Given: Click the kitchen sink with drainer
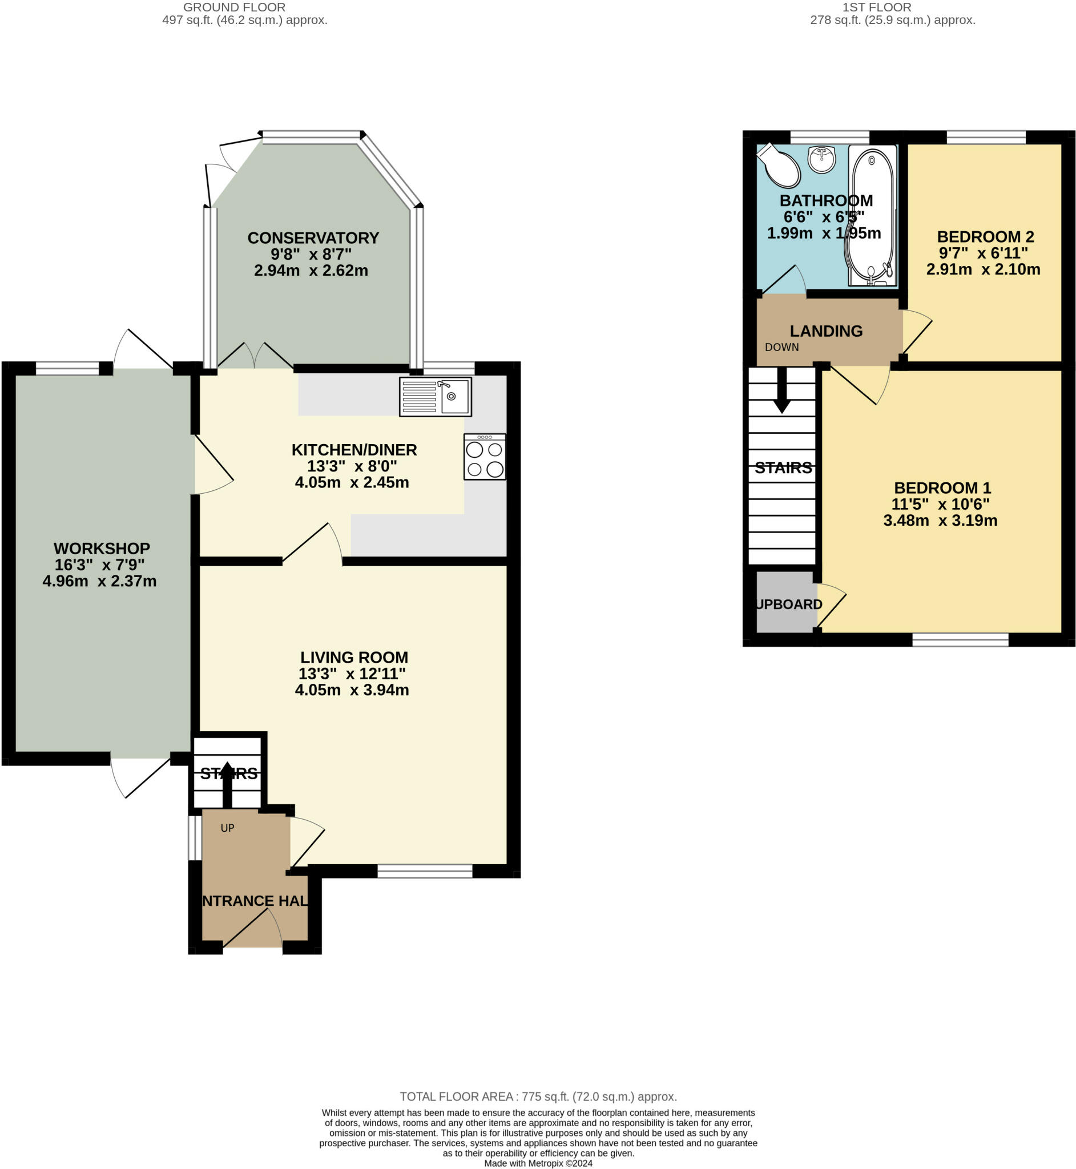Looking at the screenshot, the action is [436, 397].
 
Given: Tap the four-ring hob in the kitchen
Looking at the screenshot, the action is [485, 457].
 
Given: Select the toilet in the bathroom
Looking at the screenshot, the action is [779, 166].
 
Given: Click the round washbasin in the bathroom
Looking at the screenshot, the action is [821, 159].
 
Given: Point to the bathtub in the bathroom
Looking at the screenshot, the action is [872, 215].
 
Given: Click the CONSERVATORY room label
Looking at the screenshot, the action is [313, 238].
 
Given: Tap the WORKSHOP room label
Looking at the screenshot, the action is [102, 549].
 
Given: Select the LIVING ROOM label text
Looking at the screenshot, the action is [354, 657].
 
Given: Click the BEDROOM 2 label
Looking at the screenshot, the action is [985, 237].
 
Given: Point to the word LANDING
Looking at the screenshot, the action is [826, 331].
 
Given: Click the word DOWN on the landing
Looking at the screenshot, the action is [781, 348].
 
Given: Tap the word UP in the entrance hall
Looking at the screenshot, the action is [227, 828].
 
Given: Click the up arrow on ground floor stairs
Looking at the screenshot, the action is [227, 785].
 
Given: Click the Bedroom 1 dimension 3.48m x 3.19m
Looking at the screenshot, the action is [940, 521].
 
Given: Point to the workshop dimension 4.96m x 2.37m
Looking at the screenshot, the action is [99, 581].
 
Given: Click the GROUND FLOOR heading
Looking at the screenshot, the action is [234, 7].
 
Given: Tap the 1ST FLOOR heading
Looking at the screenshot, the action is [877, 7].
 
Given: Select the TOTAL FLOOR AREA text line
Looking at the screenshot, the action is [538, 1097].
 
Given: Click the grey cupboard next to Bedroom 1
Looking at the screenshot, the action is [785, 602].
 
